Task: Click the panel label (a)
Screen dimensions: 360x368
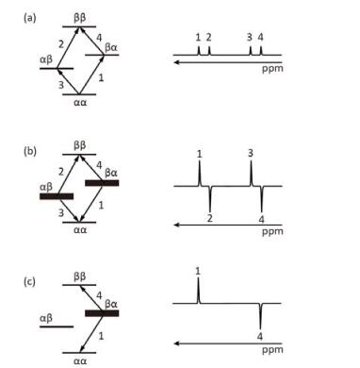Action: point(30,19)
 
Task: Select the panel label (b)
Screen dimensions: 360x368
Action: point(30,151)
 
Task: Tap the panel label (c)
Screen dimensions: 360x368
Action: point(30,281)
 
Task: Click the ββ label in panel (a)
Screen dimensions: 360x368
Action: point(80,18)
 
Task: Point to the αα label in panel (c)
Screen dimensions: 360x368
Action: point(80,361)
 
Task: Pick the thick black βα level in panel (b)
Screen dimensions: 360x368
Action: point(102,183)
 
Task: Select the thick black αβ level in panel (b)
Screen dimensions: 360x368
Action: point(57,196)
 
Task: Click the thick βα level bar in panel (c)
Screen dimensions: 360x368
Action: point(102,313)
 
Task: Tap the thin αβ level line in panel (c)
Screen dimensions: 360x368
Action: point(57,326)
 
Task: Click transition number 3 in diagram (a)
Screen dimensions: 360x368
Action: point(61,85)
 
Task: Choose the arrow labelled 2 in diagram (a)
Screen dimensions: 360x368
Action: point(69,48)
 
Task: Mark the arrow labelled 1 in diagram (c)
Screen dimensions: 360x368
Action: point(91,333)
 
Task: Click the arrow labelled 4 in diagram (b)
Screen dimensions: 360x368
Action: point(91,169)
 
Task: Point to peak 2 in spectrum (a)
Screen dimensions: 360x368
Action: point(209,51)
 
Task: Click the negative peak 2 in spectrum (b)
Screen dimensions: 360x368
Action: point(209,199)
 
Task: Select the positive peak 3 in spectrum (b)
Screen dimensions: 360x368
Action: point(251,174)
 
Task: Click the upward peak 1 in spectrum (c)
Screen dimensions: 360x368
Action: point(198,291)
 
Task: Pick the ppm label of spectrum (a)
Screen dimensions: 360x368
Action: point(272,69)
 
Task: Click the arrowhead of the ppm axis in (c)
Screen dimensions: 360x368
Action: point(176,343)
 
